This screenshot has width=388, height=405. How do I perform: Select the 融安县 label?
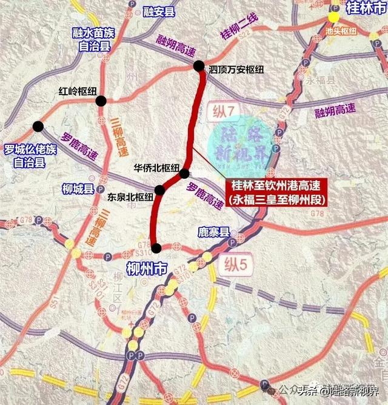(x=158, y=11)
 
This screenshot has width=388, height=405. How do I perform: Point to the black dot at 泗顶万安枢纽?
(x=199, y=66)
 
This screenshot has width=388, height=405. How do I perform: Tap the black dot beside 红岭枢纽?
(x=101, y=101)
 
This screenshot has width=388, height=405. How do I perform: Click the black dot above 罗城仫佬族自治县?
(x=38, y=126)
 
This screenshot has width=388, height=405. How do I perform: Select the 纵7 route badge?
(x=222, y=112)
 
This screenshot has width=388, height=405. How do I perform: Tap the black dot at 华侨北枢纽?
(x=185, y=174)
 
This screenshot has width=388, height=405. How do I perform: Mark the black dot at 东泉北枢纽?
(x=159, y=190)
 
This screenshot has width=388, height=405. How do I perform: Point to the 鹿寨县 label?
(x=215, y=232)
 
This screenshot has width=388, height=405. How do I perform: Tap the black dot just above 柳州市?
(x=156, y=247)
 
